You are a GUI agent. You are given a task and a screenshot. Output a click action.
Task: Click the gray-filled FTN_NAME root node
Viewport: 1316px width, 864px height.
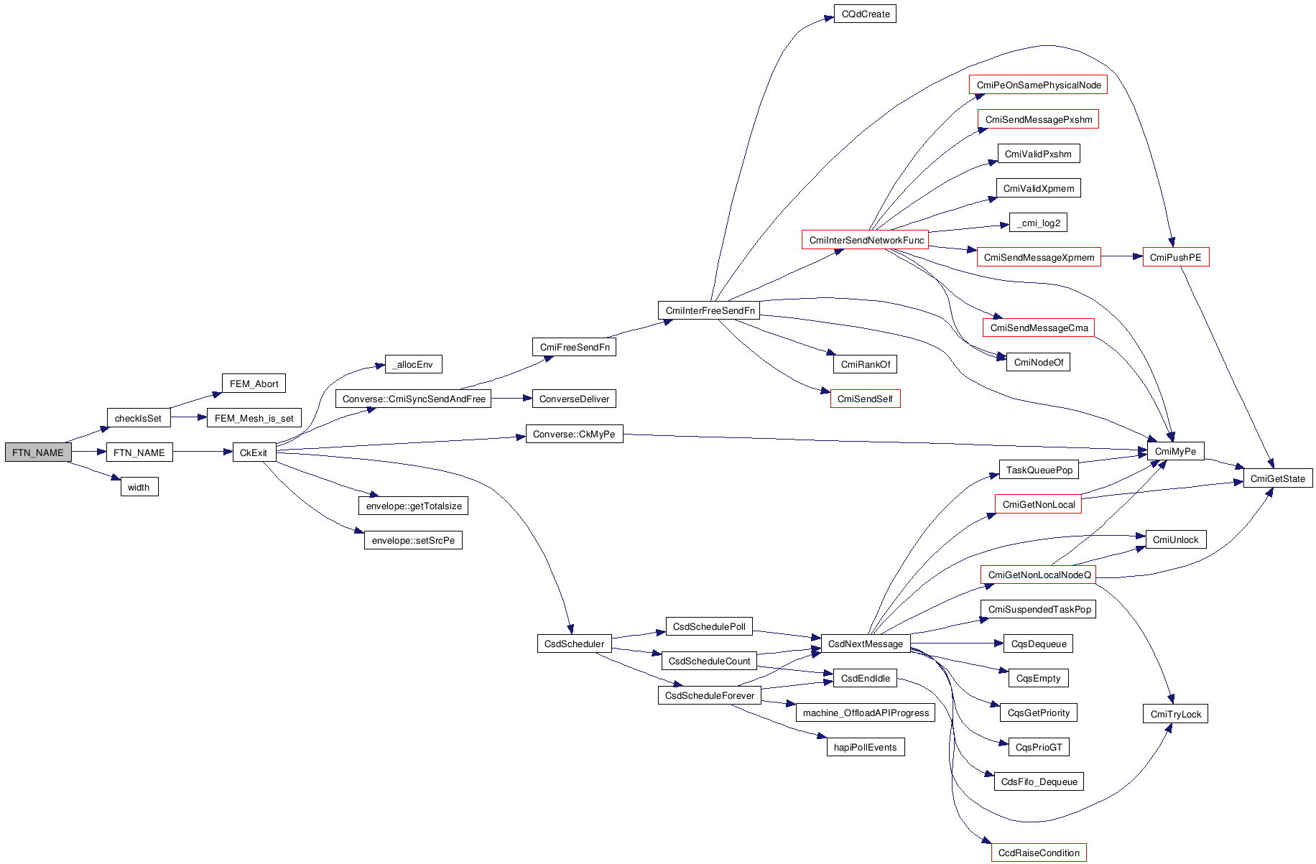point(38,452)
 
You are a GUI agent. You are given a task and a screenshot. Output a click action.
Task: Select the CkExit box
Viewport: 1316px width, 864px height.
point(254,452)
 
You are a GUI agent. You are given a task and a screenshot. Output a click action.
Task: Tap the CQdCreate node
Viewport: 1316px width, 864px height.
point(865,14)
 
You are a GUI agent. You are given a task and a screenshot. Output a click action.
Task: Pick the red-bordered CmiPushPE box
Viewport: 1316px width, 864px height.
point(1175,257)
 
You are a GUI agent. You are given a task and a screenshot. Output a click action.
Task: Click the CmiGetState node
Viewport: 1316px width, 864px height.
point(1277,478)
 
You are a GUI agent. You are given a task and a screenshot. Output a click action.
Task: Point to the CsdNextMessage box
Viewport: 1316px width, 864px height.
point(865,644)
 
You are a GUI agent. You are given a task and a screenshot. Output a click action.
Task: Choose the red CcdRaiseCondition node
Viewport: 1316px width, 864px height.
point(1039,853)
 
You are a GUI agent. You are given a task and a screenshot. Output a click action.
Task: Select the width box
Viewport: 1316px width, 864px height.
point(139,487)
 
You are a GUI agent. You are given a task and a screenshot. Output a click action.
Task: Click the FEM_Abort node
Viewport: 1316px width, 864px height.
point(254,384)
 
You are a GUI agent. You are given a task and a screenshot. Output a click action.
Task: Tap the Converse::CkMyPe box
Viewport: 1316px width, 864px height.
point(574,434)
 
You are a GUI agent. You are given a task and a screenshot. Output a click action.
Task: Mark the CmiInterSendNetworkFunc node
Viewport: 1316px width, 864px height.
point(865,240)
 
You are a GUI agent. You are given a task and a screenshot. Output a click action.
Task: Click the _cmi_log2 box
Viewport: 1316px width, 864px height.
point(1038,223)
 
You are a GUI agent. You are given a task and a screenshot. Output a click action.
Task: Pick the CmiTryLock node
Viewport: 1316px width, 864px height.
point(1175,714)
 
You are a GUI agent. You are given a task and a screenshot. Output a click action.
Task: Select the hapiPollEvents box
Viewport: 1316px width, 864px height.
point(865,747)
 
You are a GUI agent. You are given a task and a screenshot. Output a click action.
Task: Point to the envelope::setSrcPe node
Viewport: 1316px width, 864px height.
point(413,540)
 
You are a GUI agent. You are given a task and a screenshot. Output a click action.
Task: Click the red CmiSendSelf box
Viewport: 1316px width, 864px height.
point(865,399)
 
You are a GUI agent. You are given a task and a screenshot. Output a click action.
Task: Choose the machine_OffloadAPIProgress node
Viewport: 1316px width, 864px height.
point(865,712)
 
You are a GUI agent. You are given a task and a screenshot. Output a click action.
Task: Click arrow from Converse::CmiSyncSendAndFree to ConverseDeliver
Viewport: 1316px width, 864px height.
point(511,399)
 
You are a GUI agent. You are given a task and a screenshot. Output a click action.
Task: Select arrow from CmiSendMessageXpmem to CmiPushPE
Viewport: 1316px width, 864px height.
point(1121,256)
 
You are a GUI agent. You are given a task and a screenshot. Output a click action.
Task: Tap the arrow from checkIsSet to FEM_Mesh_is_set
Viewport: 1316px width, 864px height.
point(188,417)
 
